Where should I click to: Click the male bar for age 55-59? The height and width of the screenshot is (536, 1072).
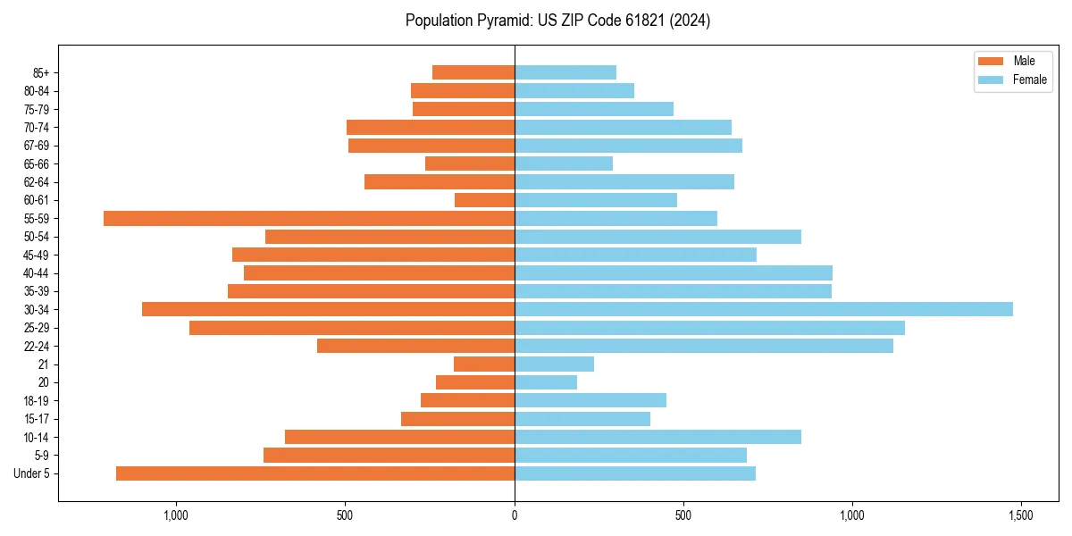point(309,218)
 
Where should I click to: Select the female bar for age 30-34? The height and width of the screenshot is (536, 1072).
point(764,309)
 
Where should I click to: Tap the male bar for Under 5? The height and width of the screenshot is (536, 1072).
point(315,473)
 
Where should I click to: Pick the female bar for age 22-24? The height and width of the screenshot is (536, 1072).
point(704,346)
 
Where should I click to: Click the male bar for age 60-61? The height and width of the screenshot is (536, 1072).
point(484,200)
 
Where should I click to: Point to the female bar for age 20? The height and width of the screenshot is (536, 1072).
point(546,382)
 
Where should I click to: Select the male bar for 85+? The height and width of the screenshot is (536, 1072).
point(473,72)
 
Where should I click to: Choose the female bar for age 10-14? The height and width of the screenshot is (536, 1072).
point(657,437)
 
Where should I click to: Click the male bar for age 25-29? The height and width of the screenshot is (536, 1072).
point(352,328)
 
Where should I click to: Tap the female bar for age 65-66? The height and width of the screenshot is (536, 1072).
point(564,163)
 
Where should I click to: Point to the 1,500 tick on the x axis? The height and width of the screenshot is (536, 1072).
point(1021,515)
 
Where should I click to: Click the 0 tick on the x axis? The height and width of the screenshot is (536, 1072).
point(515,515)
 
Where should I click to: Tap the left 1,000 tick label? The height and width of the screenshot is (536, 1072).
point(176,515)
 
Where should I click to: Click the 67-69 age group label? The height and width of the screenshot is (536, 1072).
point(36,146)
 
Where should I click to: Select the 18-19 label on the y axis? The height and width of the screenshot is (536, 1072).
point(36,401)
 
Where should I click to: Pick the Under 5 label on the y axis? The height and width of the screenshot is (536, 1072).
point(32,473)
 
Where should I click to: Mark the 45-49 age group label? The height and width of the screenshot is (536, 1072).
point(36,255)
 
